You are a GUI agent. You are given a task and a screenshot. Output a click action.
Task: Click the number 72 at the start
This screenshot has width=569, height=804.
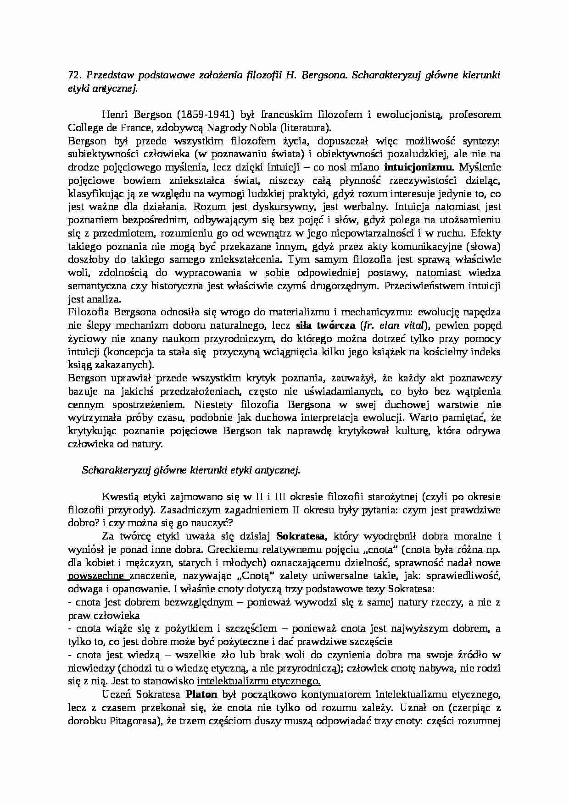(x=73, y=76)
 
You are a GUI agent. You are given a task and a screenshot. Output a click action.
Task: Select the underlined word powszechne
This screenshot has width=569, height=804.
(x=96, y=575)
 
